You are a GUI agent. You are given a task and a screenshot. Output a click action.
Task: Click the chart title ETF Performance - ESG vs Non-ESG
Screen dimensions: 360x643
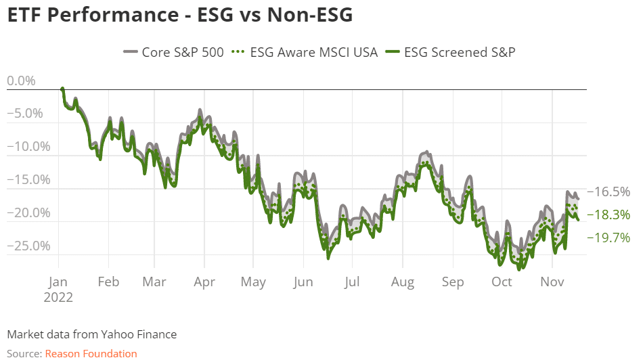[179, 14]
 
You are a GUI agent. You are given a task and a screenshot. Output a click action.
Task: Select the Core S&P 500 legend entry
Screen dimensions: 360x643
[173, 52]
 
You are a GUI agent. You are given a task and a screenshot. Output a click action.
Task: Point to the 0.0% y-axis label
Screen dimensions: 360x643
[21, 81]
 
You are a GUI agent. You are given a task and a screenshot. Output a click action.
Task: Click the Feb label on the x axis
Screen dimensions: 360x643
[108, 282]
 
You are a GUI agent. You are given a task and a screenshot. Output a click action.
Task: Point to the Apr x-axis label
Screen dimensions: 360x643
[204, 282]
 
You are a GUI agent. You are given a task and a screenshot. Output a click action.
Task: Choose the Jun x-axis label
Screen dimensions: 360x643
[303, 282]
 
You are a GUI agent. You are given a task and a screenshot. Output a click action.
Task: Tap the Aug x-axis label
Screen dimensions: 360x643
[403, 282]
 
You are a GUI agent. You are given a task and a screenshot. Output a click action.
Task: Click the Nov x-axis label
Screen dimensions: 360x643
[553, 282]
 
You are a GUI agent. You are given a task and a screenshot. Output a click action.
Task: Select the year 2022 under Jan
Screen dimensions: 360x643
[58, 296]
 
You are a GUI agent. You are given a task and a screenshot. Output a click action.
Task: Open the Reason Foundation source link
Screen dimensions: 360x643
[91, 353]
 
